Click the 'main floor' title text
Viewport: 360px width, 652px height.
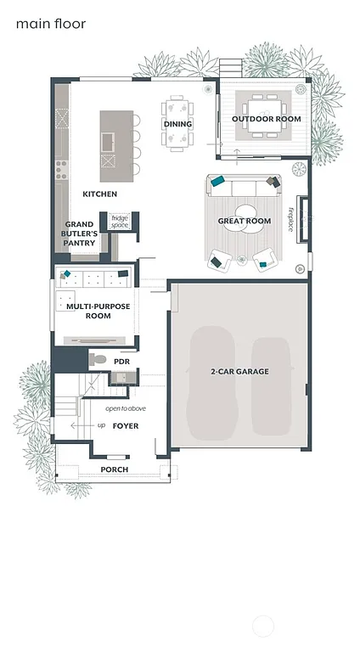(50, 24)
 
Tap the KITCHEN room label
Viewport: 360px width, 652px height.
(99, 194)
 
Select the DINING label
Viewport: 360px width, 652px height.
(177, 124)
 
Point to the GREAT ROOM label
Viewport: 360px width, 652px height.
(244, 221)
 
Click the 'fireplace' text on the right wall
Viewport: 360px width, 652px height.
(290, 218)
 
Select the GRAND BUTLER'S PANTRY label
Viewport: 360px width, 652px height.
(79, 234)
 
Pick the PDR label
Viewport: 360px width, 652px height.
(122, 361)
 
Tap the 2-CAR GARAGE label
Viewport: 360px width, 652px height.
(239, 371)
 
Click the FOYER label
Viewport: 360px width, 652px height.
(125, 425)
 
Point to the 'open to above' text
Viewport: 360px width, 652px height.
(126, 408)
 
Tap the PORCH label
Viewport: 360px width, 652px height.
(114, 469)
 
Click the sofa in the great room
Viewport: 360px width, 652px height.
(244, 187)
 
